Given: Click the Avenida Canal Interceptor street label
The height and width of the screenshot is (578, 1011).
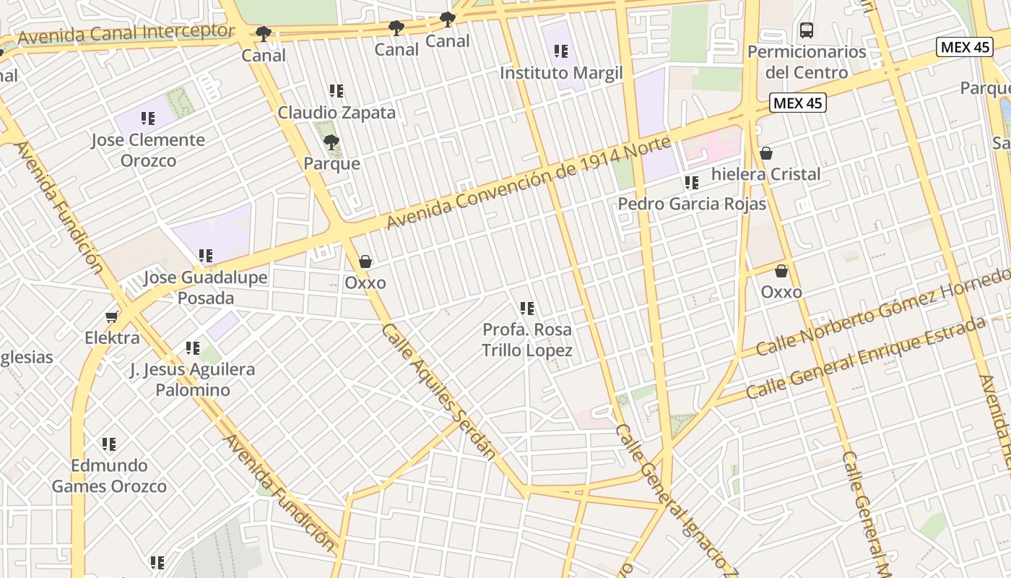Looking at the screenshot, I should tap(126, 34).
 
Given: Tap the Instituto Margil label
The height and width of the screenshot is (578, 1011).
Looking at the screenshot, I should tap(561, 73).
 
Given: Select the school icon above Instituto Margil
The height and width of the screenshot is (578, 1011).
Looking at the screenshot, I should tap(561, 51).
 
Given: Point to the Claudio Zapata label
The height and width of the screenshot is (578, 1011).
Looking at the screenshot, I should tap(337, 113).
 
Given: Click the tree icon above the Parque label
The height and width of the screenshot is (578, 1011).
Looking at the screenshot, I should tap(331, 142).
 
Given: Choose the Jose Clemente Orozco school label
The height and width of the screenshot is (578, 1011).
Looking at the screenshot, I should tap(148, 150).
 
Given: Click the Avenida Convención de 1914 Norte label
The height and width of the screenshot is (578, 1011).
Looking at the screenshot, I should tap(529, 181).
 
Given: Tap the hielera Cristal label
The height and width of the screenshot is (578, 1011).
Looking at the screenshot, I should tap(765, 174).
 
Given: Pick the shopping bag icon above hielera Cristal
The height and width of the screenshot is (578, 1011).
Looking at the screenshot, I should tap(766, 153).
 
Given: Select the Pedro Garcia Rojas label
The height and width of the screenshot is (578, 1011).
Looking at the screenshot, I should tap(692, 204).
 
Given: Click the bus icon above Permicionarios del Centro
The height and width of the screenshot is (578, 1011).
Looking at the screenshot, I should tap(807, 30).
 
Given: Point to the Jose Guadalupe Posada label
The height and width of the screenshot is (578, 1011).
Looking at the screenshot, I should tap(206, 288).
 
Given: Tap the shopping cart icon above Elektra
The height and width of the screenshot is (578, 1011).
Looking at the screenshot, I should tap(112, 316).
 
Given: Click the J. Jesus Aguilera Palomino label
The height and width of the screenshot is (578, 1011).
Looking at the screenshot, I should tap(193, 379).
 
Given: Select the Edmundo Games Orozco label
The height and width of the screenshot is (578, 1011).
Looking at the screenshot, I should tap(109, 475).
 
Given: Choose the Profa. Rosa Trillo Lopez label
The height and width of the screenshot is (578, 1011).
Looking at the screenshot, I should tap(527, 340).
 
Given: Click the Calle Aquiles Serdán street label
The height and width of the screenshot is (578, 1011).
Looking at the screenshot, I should tap(438, 391).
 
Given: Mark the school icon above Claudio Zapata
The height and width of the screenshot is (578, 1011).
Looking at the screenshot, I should tap(337, 91).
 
